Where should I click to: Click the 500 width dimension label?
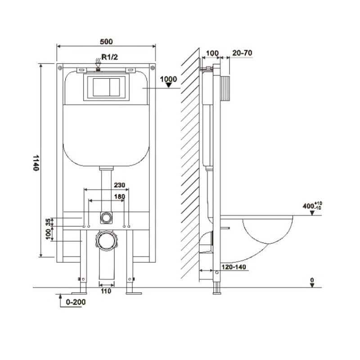pyautogui.click(x=106, y=41)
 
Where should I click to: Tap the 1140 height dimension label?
pyautogui.click(x=36, y=163)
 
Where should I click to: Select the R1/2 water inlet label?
pyautogui.click(x=110, y=57)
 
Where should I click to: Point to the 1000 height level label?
pyautogui.click(x=168, y=79)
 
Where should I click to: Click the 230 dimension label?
pyautogui.click(x=120, y=185)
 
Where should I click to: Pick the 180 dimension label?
pyautogui.click(x=120, y=197)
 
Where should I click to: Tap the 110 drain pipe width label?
pyautogui.click(x=106, y=291)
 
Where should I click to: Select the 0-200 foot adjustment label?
pyautogui.click(x=76, y=302)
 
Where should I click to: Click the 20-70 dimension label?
pyautogui.click(x=242, y=53)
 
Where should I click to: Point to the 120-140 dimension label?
pyautogui.click(x=234, y=267)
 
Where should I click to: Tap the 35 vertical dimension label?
pyautogui.click(x=48, y=222)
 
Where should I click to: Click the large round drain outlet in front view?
pyautogui.click(x=107, y=241)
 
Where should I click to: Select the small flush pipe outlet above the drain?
pyautogui.click(x=106, y=217)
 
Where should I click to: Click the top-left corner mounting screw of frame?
pyautogui.click(x=60, y=68)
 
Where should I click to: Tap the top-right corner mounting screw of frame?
pyautogui.click(x=153, y=68)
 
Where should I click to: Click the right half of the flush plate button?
pyautogui.click(x=115, y=87)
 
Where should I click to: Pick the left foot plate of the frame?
pyautogui.click(x=79, y=293)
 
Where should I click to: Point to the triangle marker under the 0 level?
pyautogui.click(x=312, y=285)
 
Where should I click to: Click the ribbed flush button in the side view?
pyautogui.click(x=225, y=88)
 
